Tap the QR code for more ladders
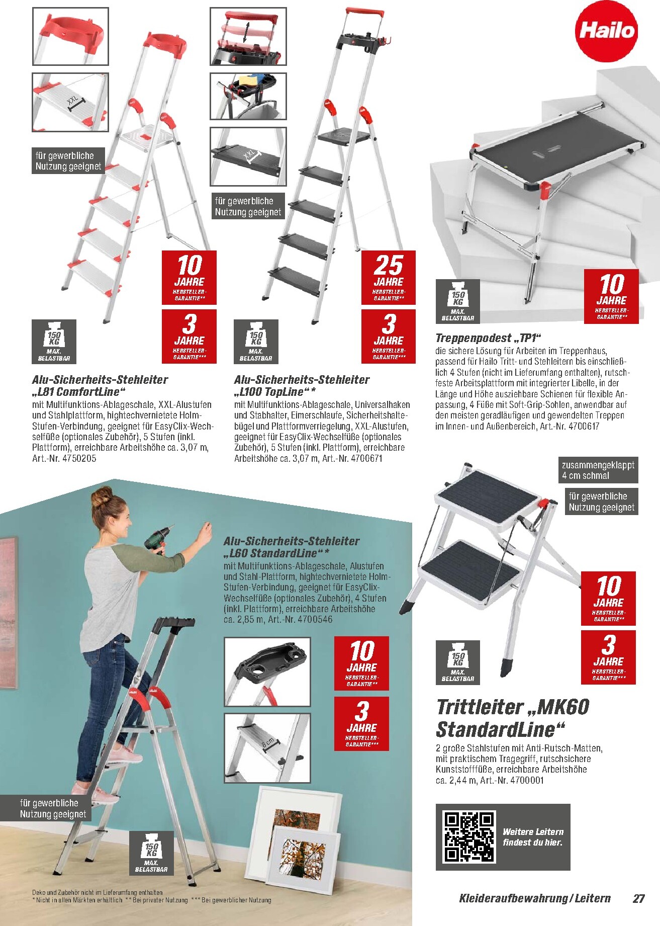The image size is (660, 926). tap(469, 837)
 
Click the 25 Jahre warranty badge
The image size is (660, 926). tap(389, 278)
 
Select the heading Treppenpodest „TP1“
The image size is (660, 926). tap(488, 338)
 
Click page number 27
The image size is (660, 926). tap(638, 898)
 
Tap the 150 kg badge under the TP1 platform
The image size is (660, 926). tap(457, 301)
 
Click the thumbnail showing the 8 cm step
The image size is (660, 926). tap(267, 748)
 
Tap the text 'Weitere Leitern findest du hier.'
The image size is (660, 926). tap(533, 837)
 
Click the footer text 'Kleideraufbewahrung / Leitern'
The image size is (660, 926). tap(535, 898)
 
